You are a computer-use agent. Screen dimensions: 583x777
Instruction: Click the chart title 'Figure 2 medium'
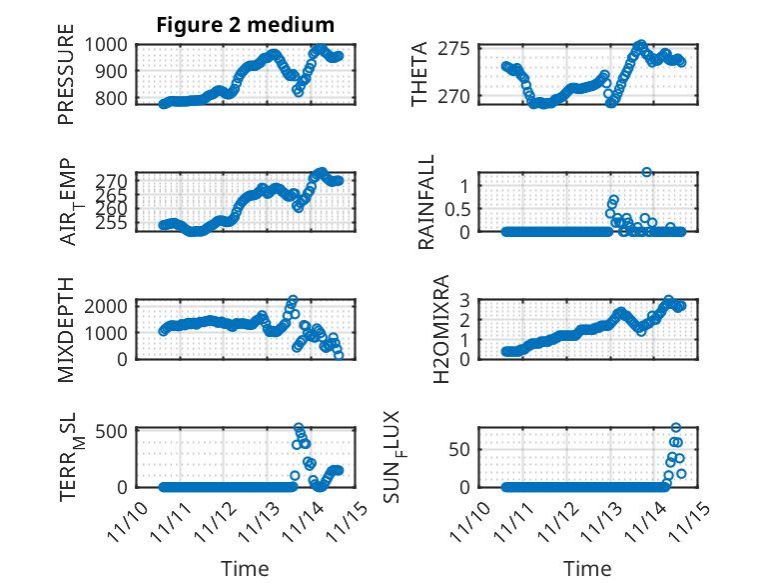245,25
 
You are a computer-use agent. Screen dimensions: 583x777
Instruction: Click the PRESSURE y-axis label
66,81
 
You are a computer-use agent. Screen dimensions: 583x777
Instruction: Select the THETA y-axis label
419,74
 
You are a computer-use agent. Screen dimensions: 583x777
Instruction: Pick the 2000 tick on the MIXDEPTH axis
108,305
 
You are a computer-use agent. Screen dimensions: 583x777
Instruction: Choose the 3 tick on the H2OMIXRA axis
464,298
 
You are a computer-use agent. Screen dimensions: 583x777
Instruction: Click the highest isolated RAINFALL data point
647,172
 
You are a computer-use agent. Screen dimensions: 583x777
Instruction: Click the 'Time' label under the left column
245,568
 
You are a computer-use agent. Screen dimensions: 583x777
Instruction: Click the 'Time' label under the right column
588,568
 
